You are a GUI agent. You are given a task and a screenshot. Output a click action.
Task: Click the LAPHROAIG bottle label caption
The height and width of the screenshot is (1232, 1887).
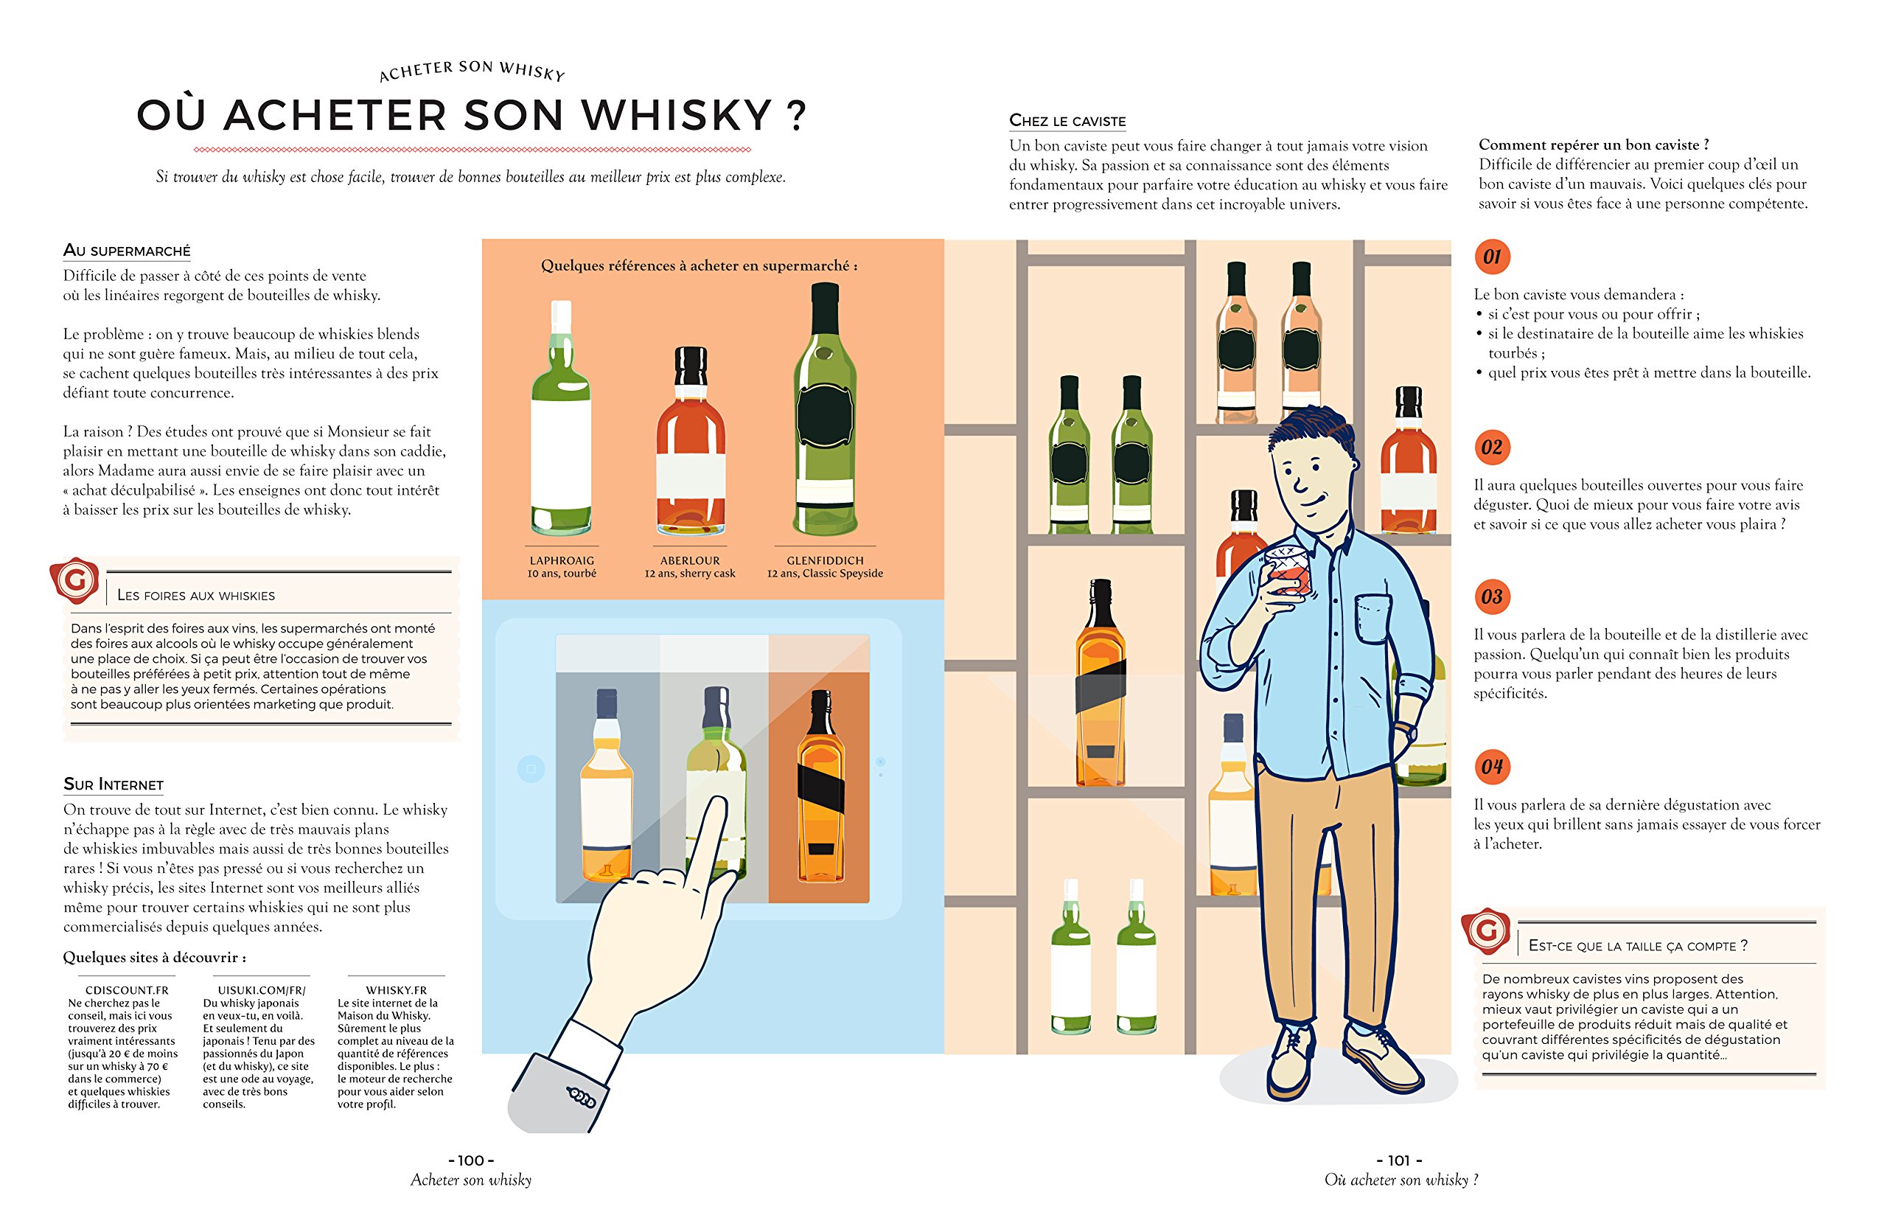562,560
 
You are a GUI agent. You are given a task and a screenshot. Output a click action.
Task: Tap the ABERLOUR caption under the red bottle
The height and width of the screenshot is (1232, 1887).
690,560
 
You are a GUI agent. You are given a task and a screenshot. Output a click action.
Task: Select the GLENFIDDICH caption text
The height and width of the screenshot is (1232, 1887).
825,560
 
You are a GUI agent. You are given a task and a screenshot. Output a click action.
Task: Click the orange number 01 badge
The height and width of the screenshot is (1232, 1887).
1492,257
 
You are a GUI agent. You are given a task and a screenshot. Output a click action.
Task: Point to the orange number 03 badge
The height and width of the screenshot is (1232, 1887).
1492,597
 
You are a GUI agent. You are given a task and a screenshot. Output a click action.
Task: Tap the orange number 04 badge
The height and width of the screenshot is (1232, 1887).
1492,767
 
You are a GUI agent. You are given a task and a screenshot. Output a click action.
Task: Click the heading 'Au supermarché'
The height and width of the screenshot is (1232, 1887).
127,251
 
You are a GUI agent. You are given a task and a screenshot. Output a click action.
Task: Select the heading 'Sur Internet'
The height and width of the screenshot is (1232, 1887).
114,784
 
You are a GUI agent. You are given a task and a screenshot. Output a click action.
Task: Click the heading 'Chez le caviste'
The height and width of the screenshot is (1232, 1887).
1067,120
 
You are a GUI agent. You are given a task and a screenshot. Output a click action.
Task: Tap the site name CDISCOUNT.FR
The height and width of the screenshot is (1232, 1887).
127,990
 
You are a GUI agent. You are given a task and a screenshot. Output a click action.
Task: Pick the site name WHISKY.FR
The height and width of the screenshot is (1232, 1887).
396,990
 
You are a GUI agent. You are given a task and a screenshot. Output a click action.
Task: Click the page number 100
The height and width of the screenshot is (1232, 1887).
471,1160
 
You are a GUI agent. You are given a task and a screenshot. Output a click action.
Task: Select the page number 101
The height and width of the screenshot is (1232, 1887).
1399,1160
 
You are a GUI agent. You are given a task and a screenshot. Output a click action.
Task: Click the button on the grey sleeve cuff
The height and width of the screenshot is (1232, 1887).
581,1097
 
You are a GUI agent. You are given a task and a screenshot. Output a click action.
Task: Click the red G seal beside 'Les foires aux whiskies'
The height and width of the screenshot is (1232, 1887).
75,580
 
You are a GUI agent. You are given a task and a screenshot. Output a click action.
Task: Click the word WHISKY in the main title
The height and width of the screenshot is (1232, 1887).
677,115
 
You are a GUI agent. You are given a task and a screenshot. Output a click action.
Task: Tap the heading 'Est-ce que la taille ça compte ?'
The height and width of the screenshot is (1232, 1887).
1637,946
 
